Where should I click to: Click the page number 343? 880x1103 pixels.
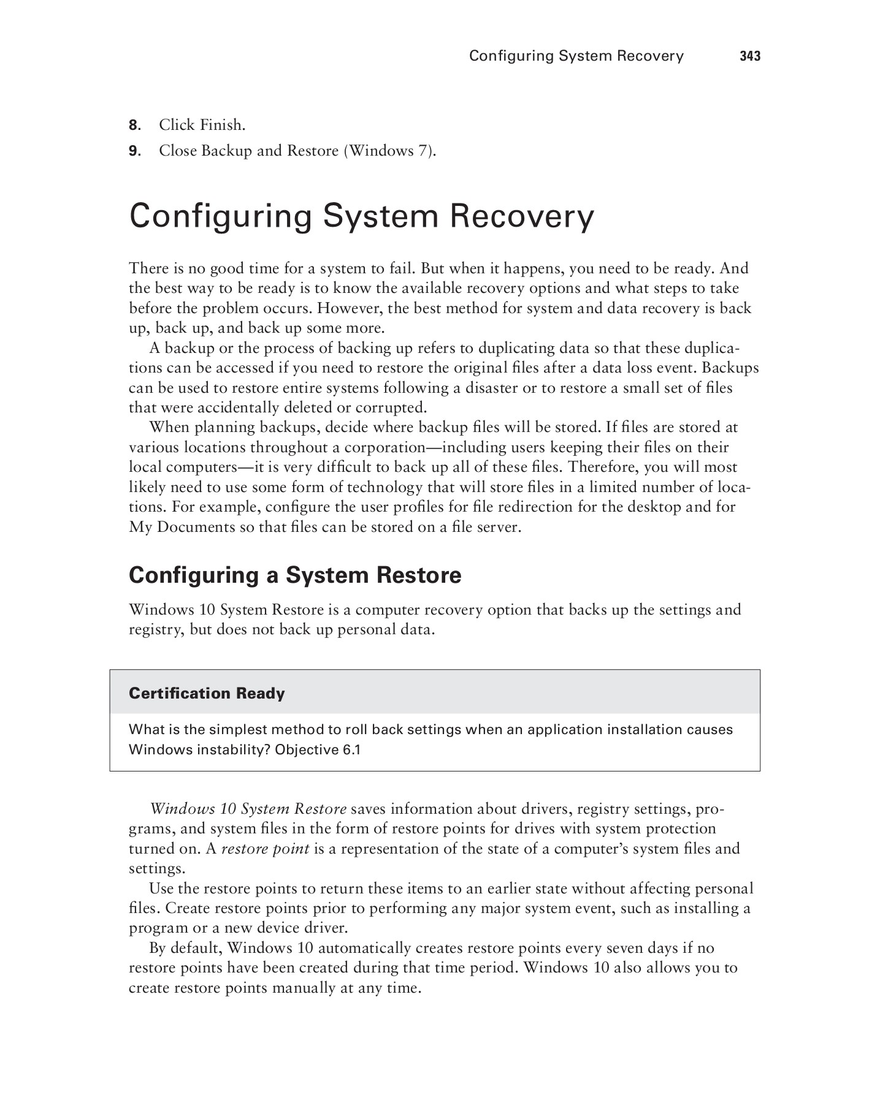pyautogui.click(x=749, y=56)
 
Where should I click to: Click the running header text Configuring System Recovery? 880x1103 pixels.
pyautogui.click(x=576, y=56)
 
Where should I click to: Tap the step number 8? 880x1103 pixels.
pyautogui.click(x=134, y=126)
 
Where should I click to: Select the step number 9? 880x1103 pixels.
pyautogui.click(x=134, y=151)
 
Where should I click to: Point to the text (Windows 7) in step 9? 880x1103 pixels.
pyautogui.click(x=390, y=151)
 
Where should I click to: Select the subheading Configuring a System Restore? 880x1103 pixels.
pyautogui.click(x=295, y=575)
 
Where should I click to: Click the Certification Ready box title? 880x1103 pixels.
pyautogui.click(x=207, y=693)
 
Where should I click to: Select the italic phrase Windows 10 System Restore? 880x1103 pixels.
pyautogui.click(x=248, y=809)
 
